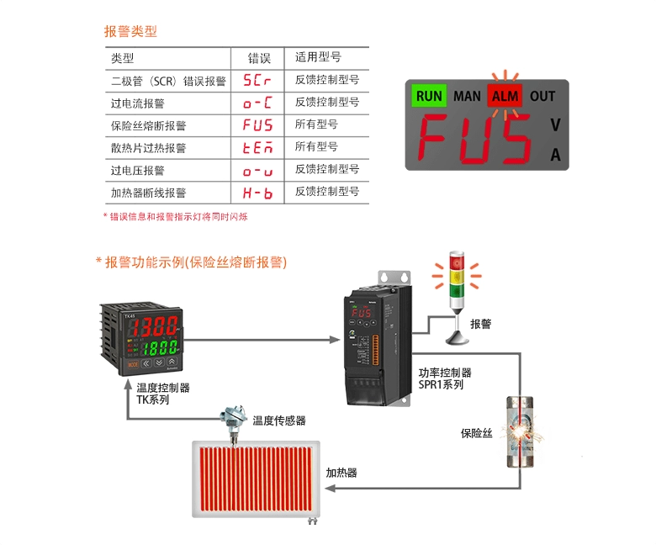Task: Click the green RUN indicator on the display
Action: click(x=429, y=96)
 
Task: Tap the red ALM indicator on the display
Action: click(x=505, y=96)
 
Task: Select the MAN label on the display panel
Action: click(x=467, y=96)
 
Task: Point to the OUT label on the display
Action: click(x=542, y=96)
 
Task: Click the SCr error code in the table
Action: click(x=257, y=82)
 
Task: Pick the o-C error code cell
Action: click(x=257, y=103)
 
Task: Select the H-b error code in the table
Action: click(x=257, y=193)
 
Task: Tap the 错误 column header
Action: click(x=258, y=59)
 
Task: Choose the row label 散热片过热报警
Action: click(x=148, y=148)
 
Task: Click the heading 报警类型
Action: click(x=130, y=32)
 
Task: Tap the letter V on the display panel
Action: click(x=555, y=125)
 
